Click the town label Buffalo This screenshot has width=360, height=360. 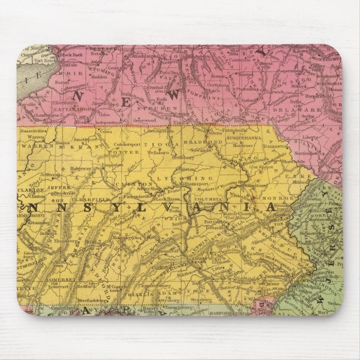pyautogui.click(x=68, y=80)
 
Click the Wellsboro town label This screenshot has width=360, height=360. pyautogui.click(x=159, y=151)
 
